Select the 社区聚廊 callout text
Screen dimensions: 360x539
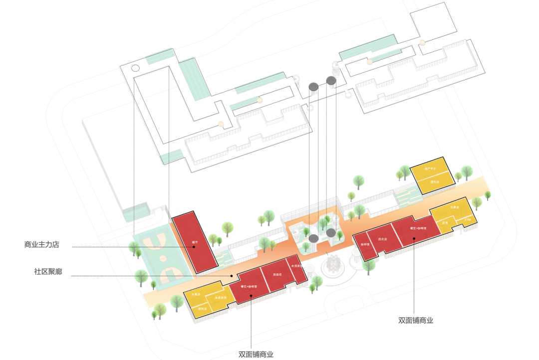click(48, 272)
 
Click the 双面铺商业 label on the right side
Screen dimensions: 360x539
click(416, 321)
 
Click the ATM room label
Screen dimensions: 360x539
click(467, 218)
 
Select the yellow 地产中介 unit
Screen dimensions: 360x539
click(430, 170)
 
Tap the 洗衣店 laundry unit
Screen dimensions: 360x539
click(383, 239)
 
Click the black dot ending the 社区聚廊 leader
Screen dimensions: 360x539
click(232, 275)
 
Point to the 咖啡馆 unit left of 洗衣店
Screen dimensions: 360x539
click(365, 245)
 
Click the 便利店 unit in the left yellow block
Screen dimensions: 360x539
click(202, 309)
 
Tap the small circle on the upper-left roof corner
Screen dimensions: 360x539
click(135, 68)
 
